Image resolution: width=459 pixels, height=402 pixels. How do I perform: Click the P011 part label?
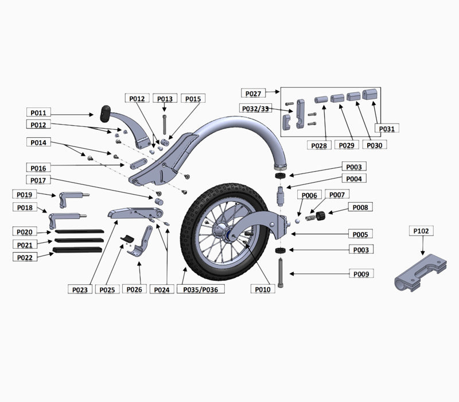click(38, 113)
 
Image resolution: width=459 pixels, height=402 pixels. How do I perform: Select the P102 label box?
click(422, 231)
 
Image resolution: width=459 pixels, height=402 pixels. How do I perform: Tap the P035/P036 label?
click(201, 289)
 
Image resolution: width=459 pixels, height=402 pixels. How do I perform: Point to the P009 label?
click(360, 275)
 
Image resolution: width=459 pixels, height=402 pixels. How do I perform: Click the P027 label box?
click(253, 93)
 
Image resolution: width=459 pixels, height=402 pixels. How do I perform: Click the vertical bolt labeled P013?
click(165, 124)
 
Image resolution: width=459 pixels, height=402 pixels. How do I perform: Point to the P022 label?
click(25, 257)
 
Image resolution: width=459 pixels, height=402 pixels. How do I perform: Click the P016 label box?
click(38, 168)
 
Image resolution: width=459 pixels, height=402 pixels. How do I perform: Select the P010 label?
click(263, 289)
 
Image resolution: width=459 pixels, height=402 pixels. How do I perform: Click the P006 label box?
click(309, 195)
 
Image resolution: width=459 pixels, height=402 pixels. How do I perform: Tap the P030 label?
click(374, 145)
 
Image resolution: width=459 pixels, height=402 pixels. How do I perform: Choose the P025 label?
click(107, 289)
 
